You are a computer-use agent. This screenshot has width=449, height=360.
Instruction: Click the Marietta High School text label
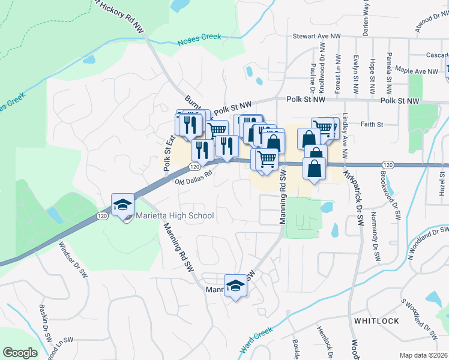(x=175, y=215)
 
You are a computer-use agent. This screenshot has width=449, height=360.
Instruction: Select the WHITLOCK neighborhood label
(x=376, y=321)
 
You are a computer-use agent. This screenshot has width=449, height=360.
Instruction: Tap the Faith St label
(x=372, y=125)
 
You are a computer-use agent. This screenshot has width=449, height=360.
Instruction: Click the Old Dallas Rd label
(x=194, y=178)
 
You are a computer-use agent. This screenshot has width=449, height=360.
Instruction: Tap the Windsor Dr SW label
(x=67, y=260)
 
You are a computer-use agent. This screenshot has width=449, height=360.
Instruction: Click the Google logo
(x=20, y=353)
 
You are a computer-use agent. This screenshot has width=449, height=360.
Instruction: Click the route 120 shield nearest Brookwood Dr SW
(x=387, y=164)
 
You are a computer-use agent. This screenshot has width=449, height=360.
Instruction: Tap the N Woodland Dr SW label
(x=427, y=243)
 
